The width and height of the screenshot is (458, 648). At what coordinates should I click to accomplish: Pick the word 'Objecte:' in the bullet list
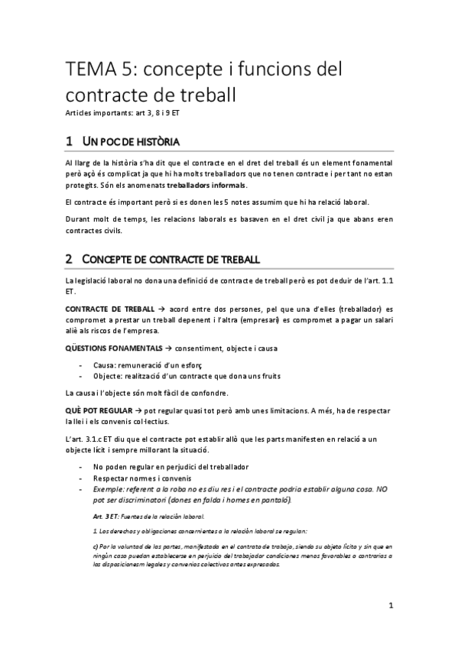(x=111, y=376)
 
